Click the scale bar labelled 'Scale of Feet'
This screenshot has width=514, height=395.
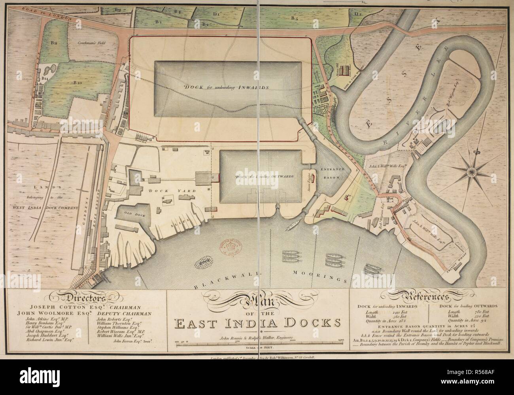coord(258,342)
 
